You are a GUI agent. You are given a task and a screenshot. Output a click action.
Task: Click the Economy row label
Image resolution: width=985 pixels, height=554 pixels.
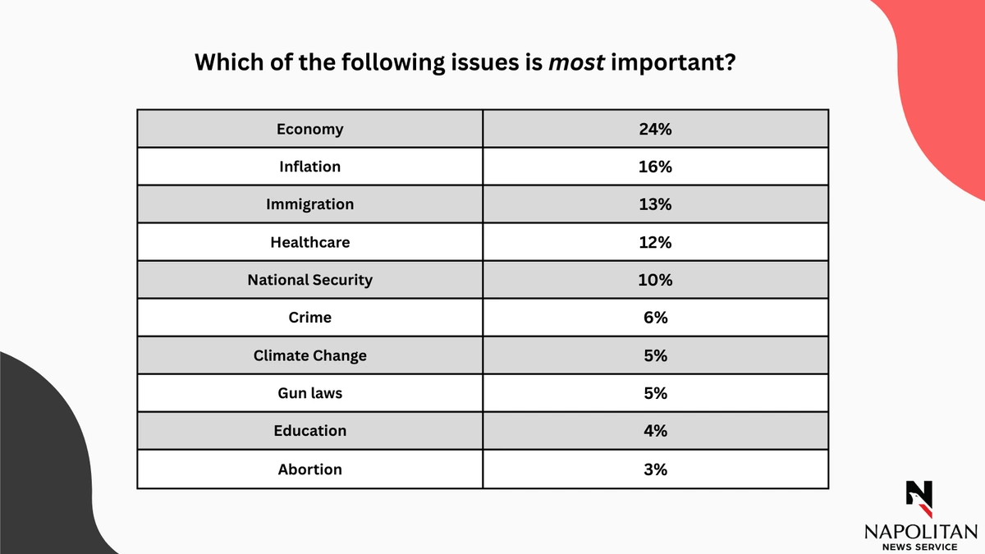click(309, 129)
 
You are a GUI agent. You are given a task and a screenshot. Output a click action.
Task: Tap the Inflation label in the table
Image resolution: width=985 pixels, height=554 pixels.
click(309, 167)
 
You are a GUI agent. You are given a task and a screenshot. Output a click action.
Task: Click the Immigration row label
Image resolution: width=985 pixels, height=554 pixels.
click(309, 204)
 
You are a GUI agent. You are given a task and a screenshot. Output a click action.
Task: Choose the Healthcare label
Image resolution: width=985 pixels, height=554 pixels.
click(309, 242)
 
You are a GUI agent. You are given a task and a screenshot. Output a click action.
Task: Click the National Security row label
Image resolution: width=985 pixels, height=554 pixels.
click(309, 280)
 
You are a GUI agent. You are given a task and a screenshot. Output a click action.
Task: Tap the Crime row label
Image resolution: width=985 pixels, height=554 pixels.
click(309, 318)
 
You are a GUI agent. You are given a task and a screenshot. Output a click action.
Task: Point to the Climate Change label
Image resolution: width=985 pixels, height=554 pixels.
click(309, 355)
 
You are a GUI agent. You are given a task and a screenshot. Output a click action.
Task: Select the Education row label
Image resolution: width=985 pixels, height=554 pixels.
click(309, 431)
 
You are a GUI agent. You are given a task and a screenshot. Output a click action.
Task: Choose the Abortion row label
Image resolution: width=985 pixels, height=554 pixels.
click(309, 469)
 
